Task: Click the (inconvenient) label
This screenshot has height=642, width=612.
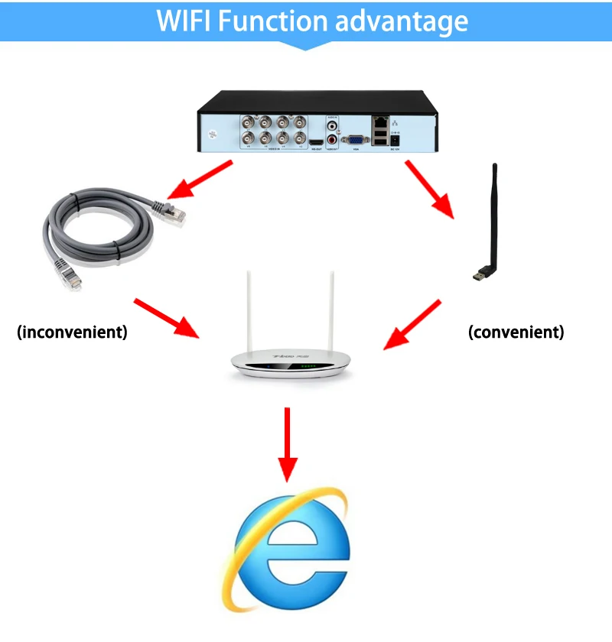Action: pos(73,332)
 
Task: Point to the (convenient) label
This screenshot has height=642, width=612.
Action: pos(516,332)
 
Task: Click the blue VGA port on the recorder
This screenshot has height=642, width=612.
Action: pos(355,140)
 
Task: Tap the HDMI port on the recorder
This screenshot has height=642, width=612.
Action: pos(316,142)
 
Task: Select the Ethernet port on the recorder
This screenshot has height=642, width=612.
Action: pos(380,122)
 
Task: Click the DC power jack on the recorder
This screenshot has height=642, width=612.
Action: pos(396,139)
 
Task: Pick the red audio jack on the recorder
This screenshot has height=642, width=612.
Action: pos(333,140)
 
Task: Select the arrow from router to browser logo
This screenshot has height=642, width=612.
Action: pos(287,443)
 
